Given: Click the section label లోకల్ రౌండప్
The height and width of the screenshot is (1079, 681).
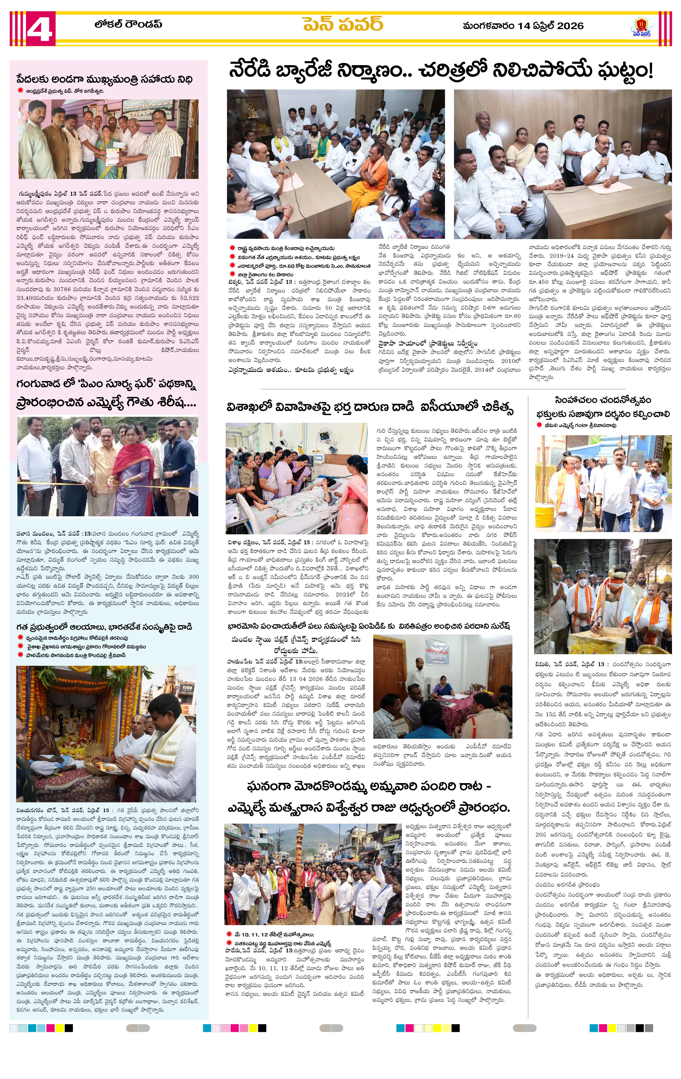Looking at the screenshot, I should (x=128, y=24).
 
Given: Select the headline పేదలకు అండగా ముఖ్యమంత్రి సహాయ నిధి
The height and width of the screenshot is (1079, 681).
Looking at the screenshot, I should (x=104, y=79).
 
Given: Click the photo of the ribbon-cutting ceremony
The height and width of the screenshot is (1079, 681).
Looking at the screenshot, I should (x=107, y=466).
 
